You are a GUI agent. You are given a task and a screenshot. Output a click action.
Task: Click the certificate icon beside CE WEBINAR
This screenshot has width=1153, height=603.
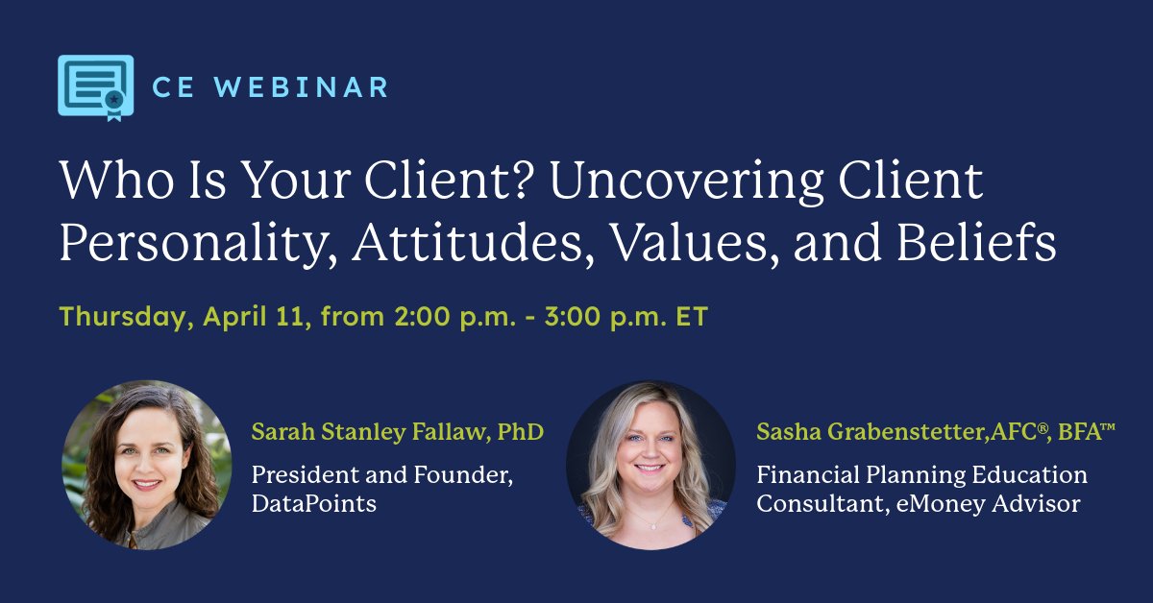click(x=95, y=87)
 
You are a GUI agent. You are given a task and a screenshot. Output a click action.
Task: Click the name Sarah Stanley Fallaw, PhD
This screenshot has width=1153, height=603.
click(x=398, y=432)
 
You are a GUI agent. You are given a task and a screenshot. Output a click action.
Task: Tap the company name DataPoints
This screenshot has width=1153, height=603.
click(x=313, y=502)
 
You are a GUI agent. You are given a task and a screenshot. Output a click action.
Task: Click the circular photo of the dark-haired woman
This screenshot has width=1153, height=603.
click(x=146, y=466)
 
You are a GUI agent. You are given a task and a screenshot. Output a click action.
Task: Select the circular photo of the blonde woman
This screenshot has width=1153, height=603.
click(x=650, y=466)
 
